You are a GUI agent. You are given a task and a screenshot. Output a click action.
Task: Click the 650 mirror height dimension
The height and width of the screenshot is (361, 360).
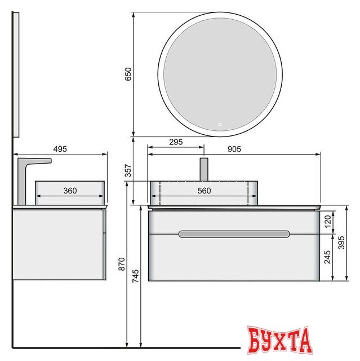tap(128, 74)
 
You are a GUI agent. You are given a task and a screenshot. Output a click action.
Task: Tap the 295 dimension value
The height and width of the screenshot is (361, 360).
tap(176, 142)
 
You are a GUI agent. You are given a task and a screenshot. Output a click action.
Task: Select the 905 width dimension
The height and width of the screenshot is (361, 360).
tap(234, 149)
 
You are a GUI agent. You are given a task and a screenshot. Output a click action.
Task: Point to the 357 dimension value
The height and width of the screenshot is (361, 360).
tap(128, 170)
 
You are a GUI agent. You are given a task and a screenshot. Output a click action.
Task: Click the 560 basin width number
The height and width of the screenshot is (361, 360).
tap(204, 191)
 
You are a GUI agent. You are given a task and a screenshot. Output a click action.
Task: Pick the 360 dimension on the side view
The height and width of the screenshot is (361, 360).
tap(70, 191)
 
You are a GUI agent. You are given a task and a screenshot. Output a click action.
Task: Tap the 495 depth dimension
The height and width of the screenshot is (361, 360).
tap(60, 149)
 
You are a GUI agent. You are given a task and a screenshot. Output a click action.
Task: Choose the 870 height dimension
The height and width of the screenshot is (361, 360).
tap(121, 264)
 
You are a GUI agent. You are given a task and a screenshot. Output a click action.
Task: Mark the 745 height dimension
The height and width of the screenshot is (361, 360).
tap(136, 276)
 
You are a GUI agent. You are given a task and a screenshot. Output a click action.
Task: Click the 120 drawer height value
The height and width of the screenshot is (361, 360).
tap(327, 222)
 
